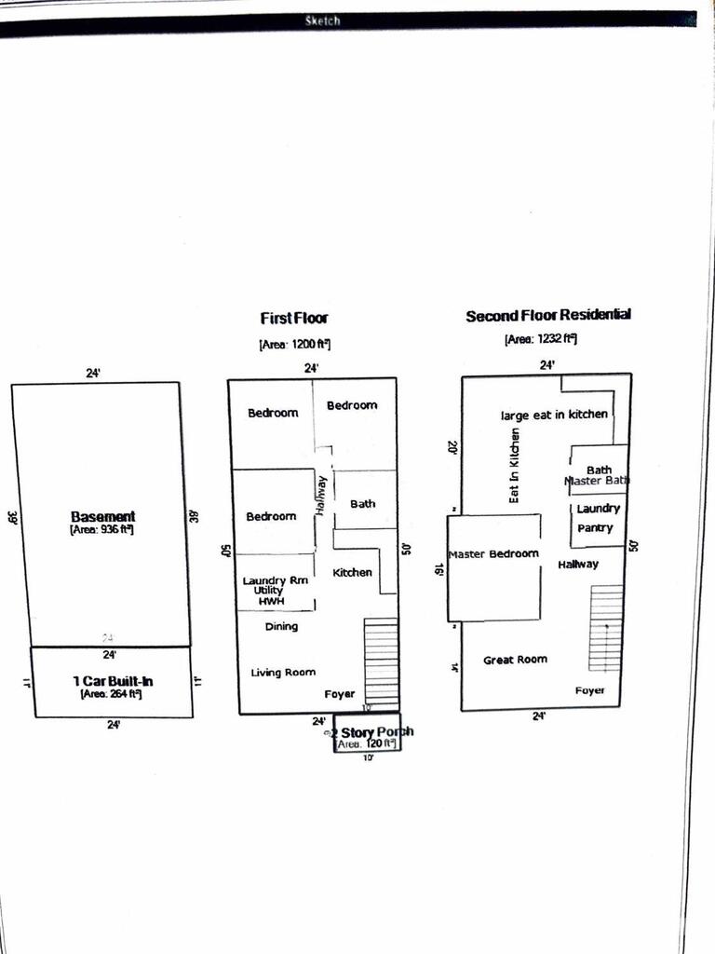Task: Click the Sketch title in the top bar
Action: pos(323,20)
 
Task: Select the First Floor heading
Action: pos(294,319)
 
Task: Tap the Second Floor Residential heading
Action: pos(547,316)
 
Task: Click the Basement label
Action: pos(102,516)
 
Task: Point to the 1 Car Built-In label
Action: pos(113,682)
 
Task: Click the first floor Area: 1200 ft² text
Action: pos(294,345)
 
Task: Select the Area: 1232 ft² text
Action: pos(541,340)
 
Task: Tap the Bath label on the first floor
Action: pos(363,504)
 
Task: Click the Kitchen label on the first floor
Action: pos(353,572)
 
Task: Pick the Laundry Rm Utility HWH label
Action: pos(275,591)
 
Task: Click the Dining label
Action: pos(281,627)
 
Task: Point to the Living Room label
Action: pos(283,672)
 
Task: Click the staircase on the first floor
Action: pos(381,663)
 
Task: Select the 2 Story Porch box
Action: pos(368,736)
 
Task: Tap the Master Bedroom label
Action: pos(493,553)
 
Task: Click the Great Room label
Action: pos(515,660)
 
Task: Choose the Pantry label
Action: pos(595,527)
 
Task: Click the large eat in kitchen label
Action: pos(554,415)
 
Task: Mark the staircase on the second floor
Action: pos(605,628)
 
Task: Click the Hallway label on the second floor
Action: pos(578,565)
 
